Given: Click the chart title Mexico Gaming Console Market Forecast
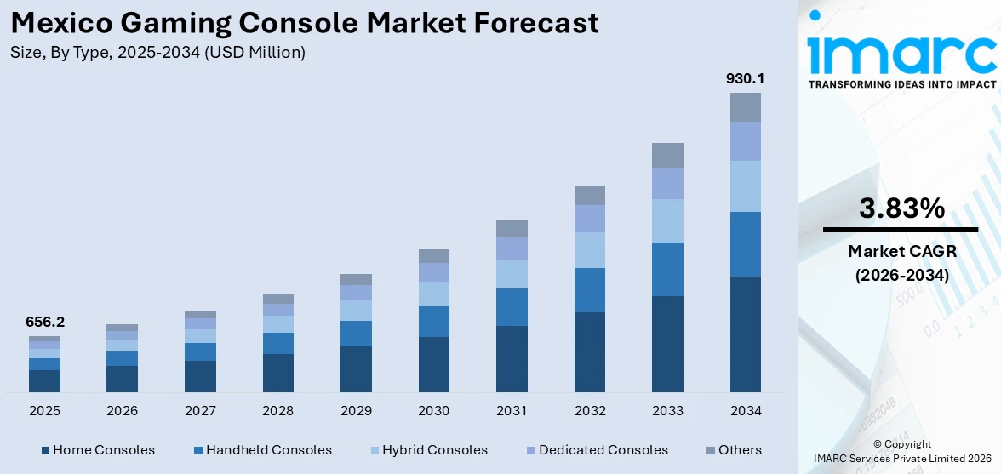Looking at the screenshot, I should [305, 23].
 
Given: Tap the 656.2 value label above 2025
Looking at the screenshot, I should [44, 322].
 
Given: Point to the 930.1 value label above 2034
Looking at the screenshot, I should [745, 78].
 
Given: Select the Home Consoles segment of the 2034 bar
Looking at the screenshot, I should [745, 334].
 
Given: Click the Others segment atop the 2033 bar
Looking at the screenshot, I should [667, 155].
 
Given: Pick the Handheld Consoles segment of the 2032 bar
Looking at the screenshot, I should [589, 290].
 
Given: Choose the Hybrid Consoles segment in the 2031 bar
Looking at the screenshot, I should [512, 274].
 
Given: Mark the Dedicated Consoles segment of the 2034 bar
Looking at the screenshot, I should [745, 141].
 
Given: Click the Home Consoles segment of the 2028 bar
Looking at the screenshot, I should [277, 373].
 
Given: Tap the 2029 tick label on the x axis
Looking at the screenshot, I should [356, 411].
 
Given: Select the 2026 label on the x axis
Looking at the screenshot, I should [122, 411].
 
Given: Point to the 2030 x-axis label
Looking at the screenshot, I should [433, 411].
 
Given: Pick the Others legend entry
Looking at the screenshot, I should [734, 450].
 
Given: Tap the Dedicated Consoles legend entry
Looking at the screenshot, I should [595, 450].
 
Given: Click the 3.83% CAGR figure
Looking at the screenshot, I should [901, 208].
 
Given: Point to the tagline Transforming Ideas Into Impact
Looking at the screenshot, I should [901, 84].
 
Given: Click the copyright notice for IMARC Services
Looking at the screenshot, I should [901, 451].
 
